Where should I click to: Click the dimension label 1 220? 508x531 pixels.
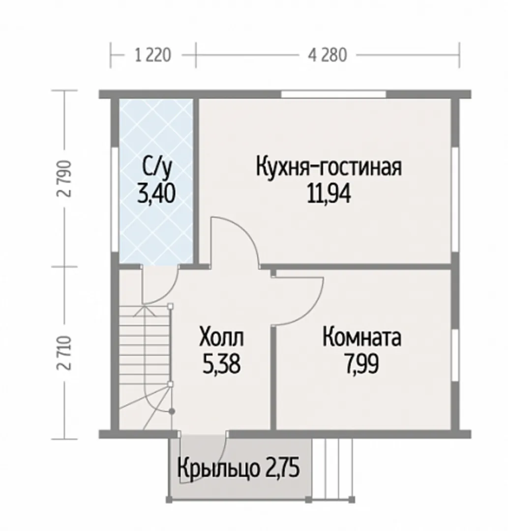(153, 55)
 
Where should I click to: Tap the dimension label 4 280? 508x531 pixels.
(328, 55)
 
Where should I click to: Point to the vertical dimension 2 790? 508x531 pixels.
(65, 178)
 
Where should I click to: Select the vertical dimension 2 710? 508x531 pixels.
(65, 353)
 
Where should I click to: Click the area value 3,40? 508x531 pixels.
(156, 194)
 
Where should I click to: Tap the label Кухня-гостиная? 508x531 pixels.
(329, 167)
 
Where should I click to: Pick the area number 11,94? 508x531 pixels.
(329, 194)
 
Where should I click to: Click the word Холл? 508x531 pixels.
(221, 337)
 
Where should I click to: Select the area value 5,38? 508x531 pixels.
(221, 364)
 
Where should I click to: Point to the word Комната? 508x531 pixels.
(361, 337)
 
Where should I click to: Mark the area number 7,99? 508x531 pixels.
(361, 364)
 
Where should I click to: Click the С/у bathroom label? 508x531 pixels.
(157, 168)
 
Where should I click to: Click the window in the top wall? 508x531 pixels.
(333, 94)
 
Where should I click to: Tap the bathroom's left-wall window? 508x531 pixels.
(115, 200)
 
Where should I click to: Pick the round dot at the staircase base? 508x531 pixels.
(172, 412)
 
